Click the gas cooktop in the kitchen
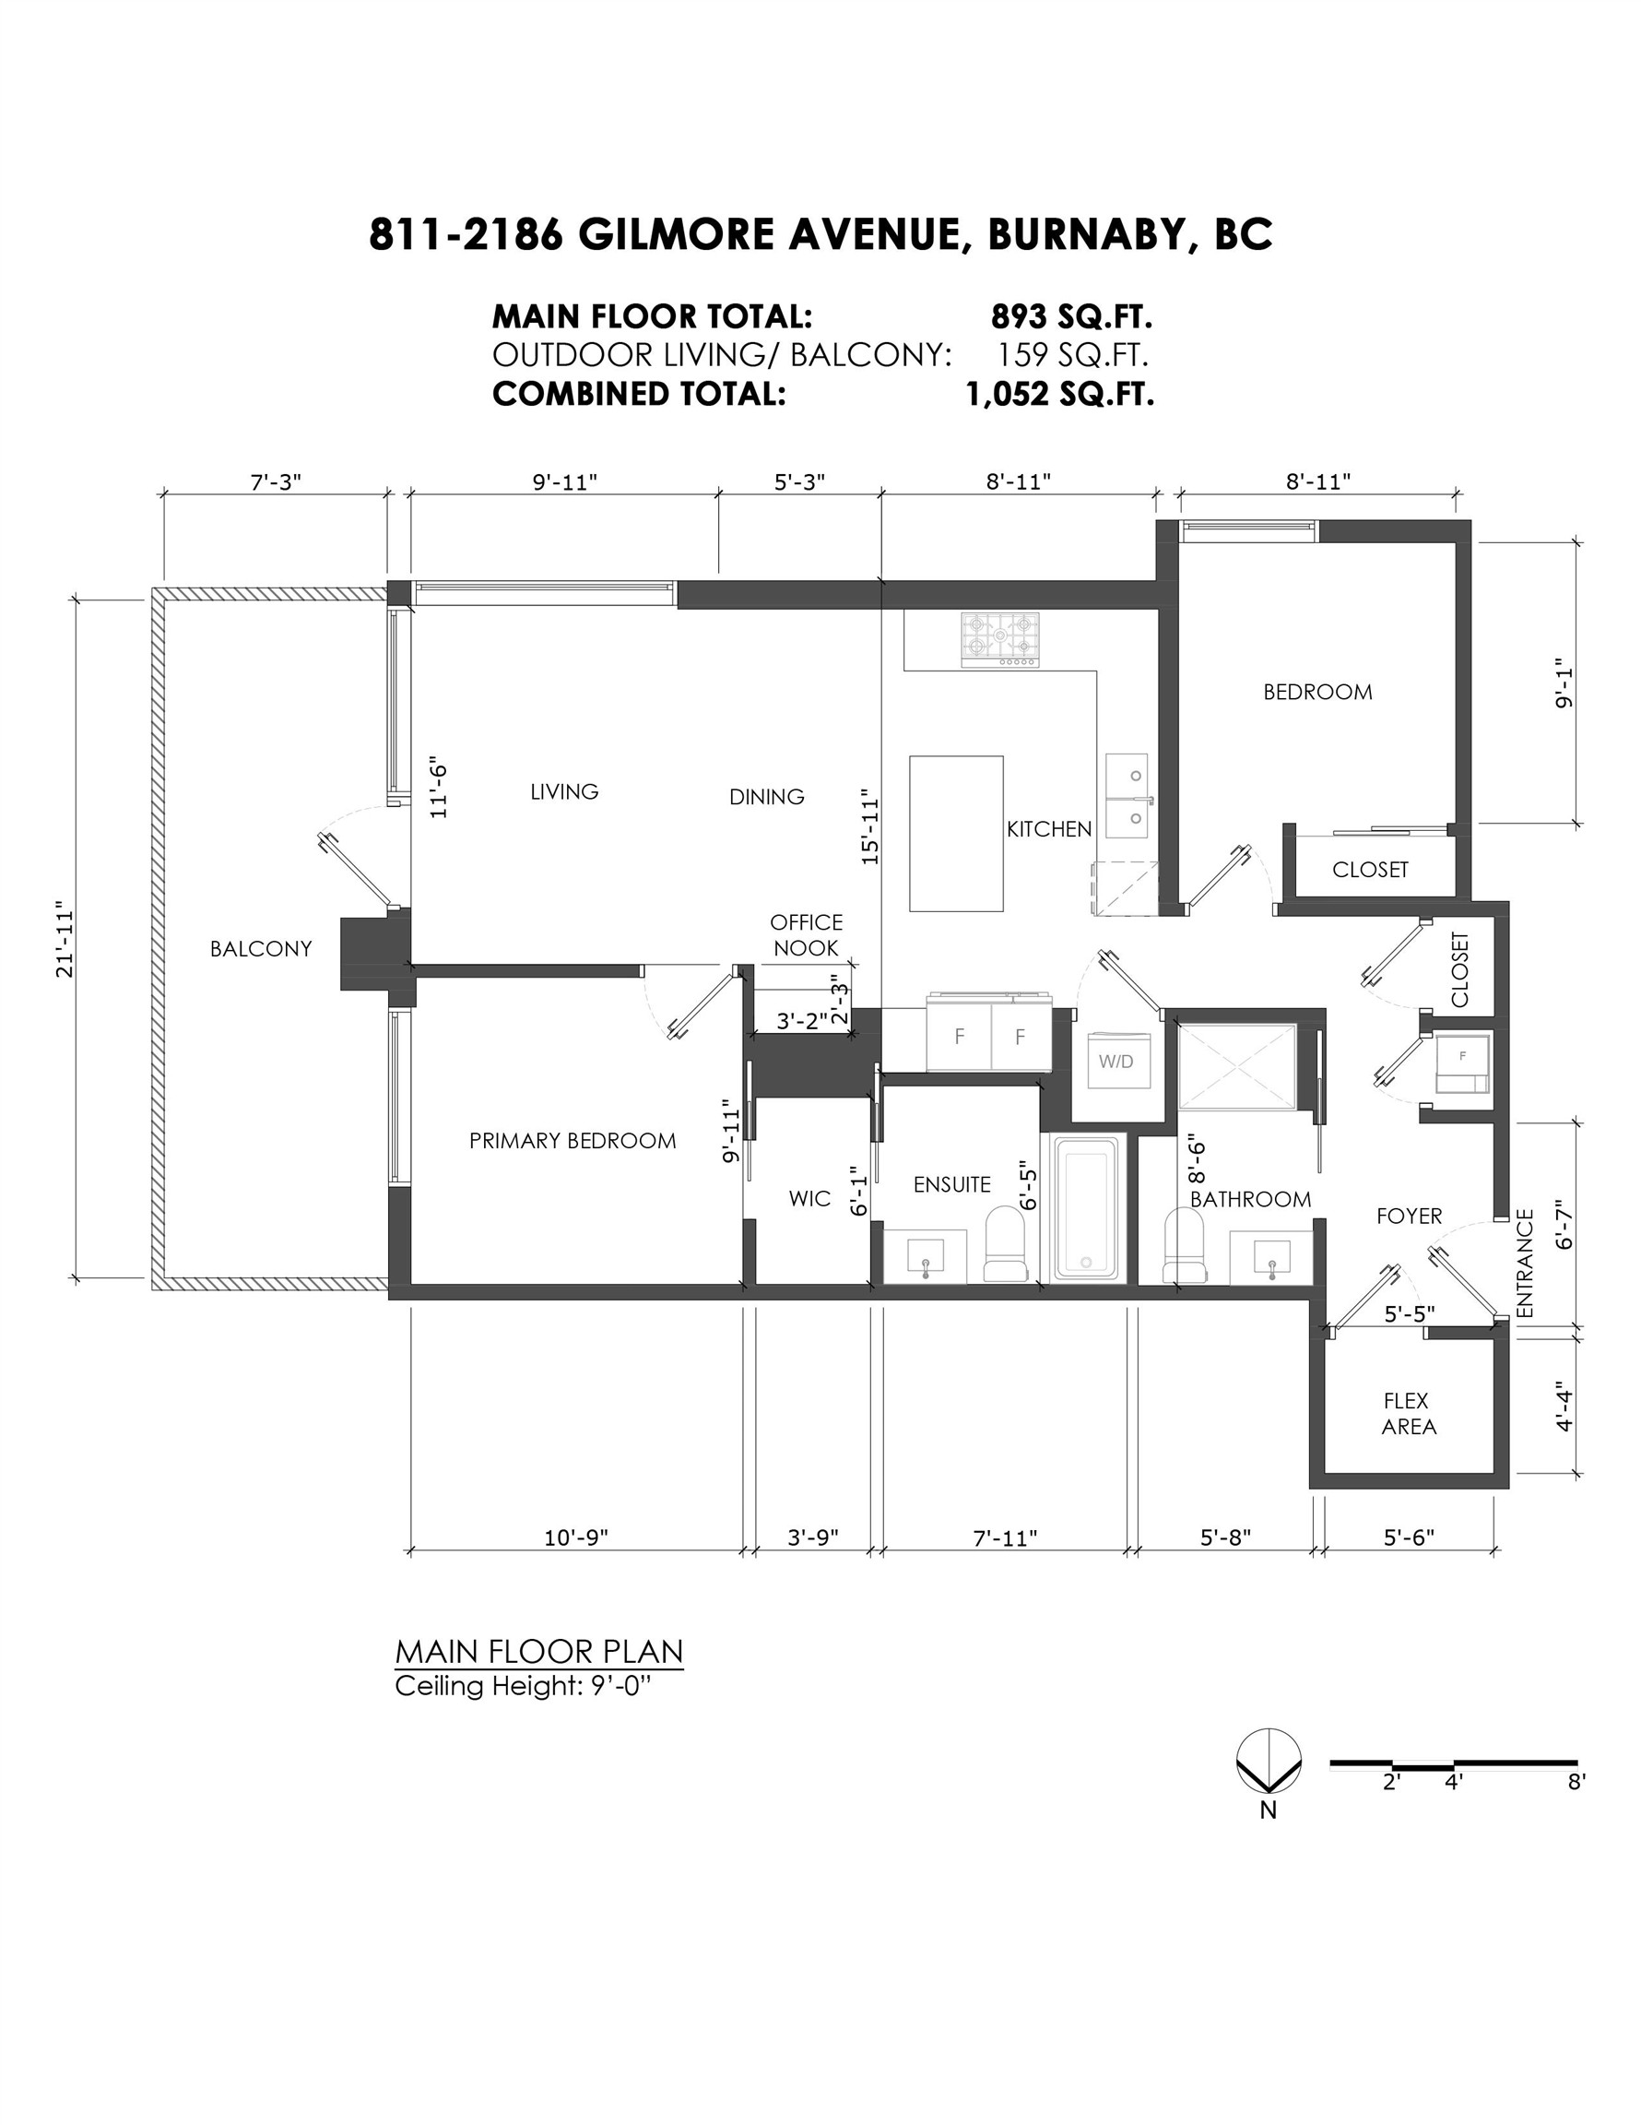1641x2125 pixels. tap(999, 639)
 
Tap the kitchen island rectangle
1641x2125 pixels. tap(955, 833)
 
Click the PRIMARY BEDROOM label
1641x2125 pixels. tap(572, 1140)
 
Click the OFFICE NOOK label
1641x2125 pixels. tap(806, 935)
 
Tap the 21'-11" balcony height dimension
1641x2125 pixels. tap(66, 938)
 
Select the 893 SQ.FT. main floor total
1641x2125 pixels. tap(1071, 316)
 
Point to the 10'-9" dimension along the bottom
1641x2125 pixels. tap(575, 1537)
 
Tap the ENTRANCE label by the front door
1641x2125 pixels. tap(1524, 1264)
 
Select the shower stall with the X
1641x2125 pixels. tap(1236, 1066)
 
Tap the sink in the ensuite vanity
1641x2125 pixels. tap(924, 1257)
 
